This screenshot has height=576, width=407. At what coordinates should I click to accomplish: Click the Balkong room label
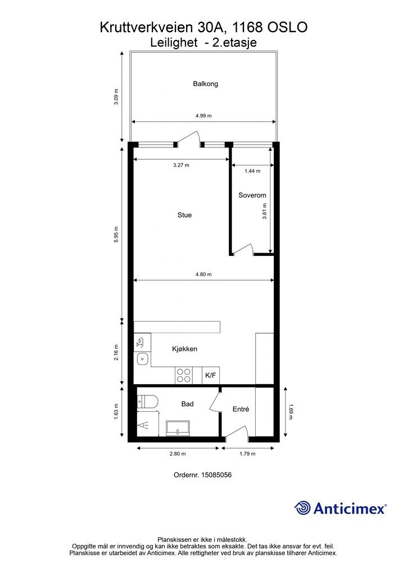[206, 84]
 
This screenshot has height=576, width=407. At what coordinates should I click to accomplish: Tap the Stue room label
[184, 215]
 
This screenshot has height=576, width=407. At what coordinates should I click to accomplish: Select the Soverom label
[252, 195]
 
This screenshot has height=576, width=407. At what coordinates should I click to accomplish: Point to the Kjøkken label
[184, 349]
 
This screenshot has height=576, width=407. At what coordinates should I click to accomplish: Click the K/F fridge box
[211, 375]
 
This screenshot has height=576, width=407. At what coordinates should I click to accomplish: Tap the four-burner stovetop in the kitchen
[184, 375]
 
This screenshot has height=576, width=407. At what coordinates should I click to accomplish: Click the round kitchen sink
[142, 358]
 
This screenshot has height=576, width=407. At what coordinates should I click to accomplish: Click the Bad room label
[187, 404]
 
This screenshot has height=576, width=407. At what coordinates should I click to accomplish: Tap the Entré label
[241, 409]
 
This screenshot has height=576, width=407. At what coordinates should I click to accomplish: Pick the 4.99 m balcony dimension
[203, 116]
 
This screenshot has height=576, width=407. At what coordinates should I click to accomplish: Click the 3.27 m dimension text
[182, 165]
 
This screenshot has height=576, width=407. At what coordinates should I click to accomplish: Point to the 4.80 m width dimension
[203, 274]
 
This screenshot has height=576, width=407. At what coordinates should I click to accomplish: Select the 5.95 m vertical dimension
[116, 234]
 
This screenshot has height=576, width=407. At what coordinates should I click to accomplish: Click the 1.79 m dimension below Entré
[247, 454]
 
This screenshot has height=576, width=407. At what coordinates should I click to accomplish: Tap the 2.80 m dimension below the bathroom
[178, 454]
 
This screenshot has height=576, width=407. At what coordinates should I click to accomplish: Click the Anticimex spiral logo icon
[302, 508]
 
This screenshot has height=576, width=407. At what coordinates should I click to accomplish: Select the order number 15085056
[216, 475]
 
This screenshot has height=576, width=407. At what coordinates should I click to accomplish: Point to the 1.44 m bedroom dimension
[252, 171]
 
